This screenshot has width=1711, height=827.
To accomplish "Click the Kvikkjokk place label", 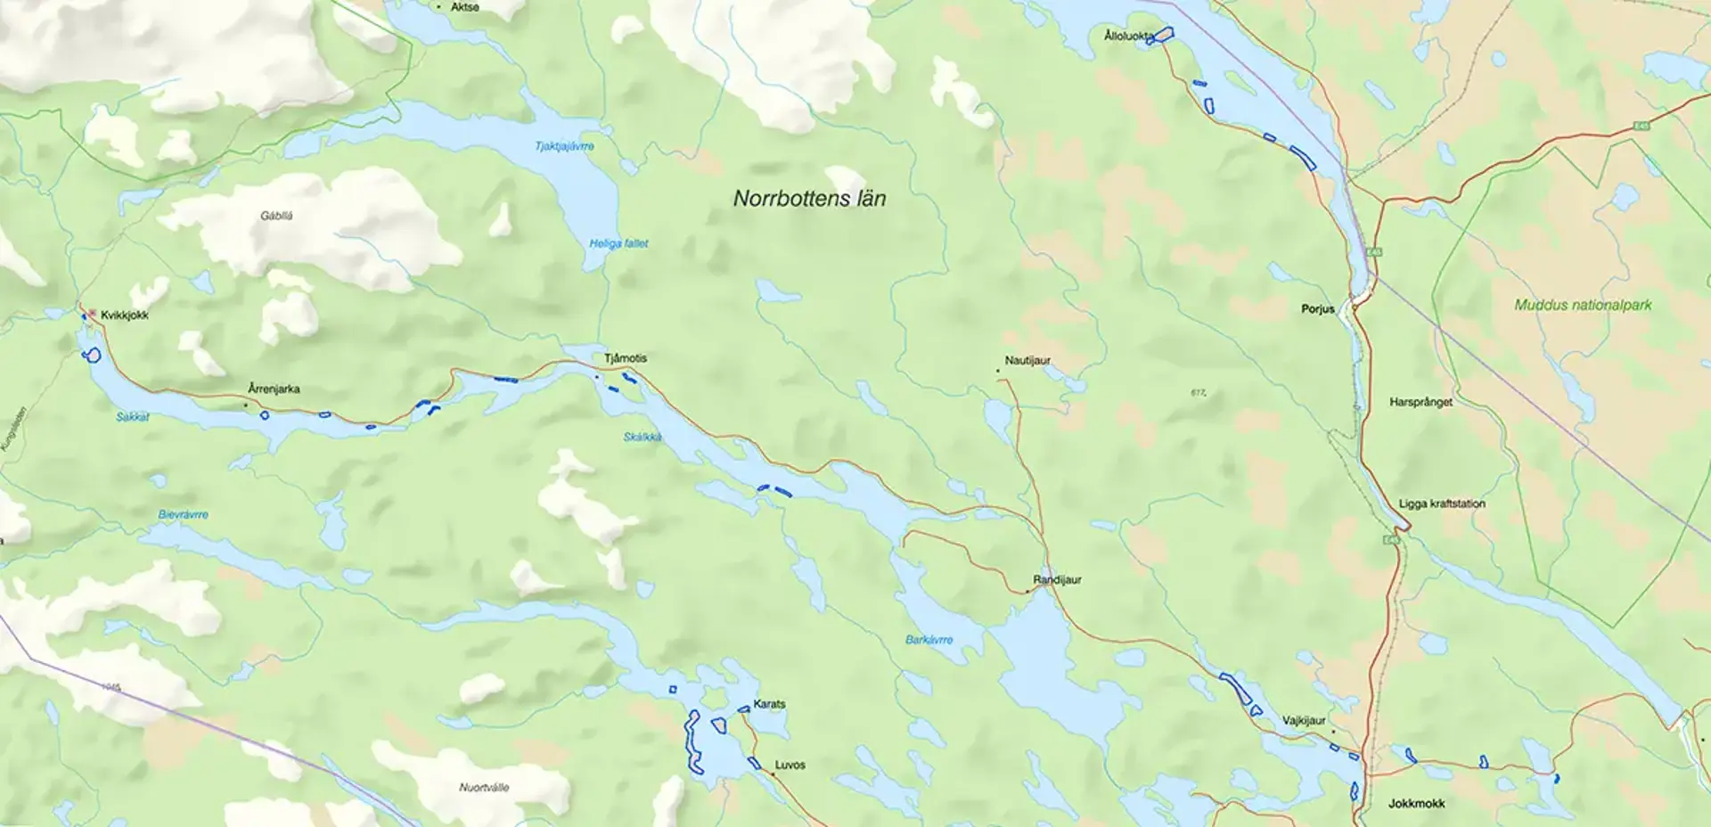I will [124, 315].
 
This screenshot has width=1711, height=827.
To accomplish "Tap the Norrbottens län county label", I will [809, 199].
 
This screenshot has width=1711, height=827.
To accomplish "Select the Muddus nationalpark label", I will [1583, 305].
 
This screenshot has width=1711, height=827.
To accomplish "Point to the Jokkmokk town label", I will [1416, 804].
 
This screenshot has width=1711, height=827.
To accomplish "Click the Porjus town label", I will [1318, 309].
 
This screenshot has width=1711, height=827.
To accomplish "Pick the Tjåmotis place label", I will [626, 358].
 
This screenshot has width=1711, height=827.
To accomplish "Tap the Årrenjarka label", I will [274, 389].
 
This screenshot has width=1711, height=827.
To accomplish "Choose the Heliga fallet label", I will [618, 243].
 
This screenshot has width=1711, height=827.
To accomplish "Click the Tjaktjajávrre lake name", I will [564, 146].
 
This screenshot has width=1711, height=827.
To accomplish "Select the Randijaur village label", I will [1057, 580].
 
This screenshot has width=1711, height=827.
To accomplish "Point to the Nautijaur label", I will [1027, 361].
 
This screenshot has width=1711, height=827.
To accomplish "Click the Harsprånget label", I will [1420, 403].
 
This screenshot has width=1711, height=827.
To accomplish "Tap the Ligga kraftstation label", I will [1442, 504].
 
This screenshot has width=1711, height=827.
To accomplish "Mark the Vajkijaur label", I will [1304, 721].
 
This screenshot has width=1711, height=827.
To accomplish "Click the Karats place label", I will [769, 704].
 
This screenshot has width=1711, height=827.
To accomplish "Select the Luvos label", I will [790, 766].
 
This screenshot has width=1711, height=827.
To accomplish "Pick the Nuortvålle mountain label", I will [484, 788].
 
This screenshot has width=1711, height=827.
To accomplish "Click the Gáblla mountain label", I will [276, 217].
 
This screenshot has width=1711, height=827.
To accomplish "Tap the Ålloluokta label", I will [1127, 37].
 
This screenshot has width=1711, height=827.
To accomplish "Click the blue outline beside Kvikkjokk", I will [91, 356].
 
